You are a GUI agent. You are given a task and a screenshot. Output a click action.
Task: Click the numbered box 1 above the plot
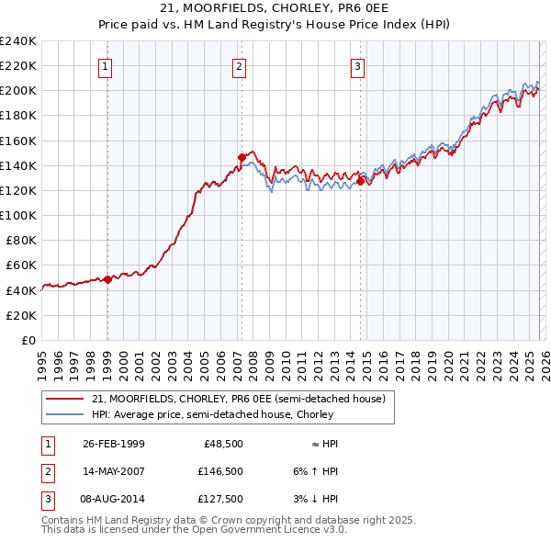pyautogui.click(x=107, y=65)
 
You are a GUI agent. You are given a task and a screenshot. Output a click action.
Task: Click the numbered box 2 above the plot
pyautogui.click(x=239, y=65)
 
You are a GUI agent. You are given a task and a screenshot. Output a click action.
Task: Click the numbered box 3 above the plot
pyautogui.click(x=357, y=65)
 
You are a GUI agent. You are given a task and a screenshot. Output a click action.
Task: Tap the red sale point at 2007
pyautogui.click(x=241, y=157)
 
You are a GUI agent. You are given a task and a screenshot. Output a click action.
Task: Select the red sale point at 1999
pyautogui.click(x=107, y=279)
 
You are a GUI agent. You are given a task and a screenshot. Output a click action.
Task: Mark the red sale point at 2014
pyautogui.click(x=360, y=181)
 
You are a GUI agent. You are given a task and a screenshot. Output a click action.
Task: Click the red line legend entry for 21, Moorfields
pyautogui.click(x=243, y=399)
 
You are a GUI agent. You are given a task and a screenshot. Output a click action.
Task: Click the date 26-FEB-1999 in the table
pyautogui.click(x=113, y=444)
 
